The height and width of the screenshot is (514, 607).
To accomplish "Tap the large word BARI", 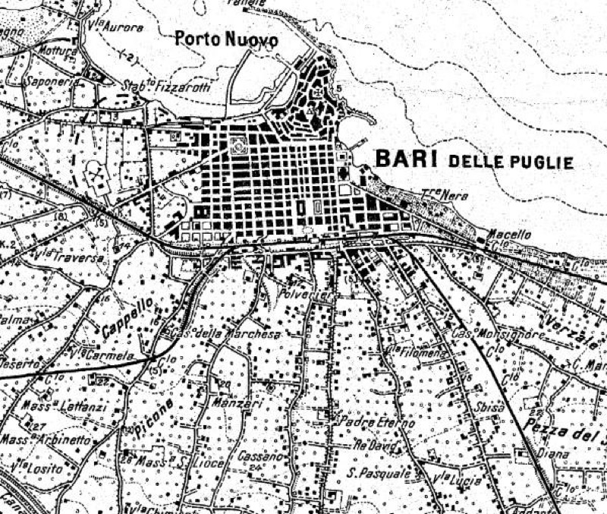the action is (x=407, y=159).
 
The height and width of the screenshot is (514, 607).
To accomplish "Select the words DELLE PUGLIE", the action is (x=511, y=161).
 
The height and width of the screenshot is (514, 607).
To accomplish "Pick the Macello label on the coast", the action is (x=508, y=235).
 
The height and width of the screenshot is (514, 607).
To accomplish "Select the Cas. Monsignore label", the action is (x=489, y=334).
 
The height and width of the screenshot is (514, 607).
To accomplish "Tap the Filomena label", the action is (x=410, y=352).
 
